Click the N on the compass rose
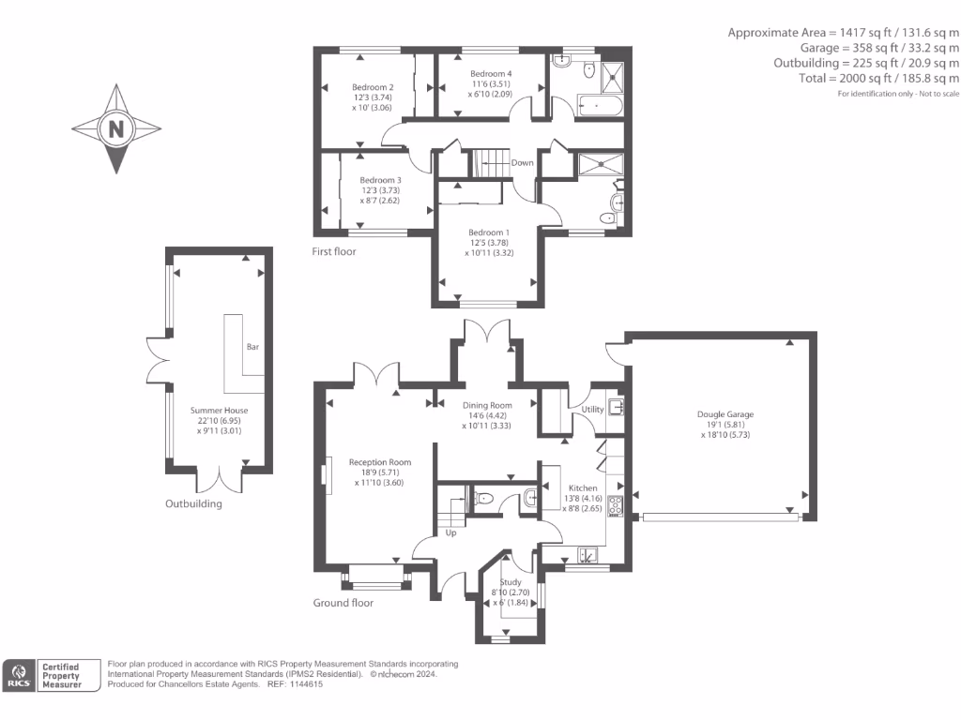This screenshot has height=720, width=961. (x=116, y=129)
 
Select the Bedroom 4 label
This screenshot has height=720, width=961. (x=491, y=73)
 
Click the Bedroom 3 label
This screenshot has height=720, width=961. (x=380, y=180)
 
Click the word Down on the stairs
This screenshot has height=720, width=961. (x=523, y=162)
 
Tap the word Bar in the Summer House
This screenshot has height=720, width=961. (x=252, y=347)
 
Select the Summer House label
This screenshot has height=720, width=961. (x=220, y=411)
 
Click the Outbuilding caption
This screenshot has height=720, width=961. (x=194, y=503)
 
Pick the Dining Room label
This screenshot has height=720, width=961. (x=486, y=405)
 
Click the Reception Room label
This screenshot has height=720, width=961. (x=380, y=462)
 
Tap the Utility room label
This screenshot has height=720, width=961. (x=592, y=410)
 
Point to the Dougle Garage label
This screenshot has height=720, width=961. (x=725, y=414)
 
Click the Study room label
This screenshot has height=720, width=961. (x=511, y=582)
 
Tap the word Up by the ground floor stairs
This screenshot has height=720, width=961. (x=450, y=533)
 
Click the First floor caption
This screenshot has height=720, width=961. (x=334, y=251)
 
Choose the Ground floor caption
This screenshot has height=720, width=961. (x=343, y=603)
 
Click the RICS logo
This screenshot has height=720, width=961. (x=19, y=676)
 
